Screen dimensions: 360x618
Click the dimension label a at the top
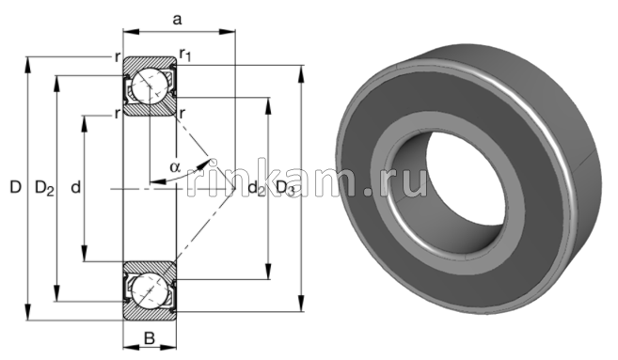pyautogui.click(x=177, y=18)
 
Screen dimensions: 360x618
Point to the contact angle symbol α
pyautogui.click(x=175, y=167)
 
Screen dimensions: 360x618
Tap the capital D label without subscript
pyautogui.click(x=14, y=189)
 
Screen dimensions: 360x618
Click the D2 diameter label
pyautogui.click(x=43, y=189)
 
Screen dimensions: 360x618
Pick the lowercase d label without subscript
pyautogui.click(x=75, y=189)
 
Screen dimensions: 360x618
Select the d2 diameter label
pyautogui.click(x=256, y=189)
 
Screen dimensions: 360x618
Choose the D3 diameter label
pyautogui.click(x=286, y=189)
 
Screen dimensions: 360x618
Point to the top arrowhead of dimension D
pyautogui.click(x=29, y=62)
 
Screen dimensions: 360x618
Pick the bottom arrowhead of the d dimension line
pyautogui.click(x=87, y=258)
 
